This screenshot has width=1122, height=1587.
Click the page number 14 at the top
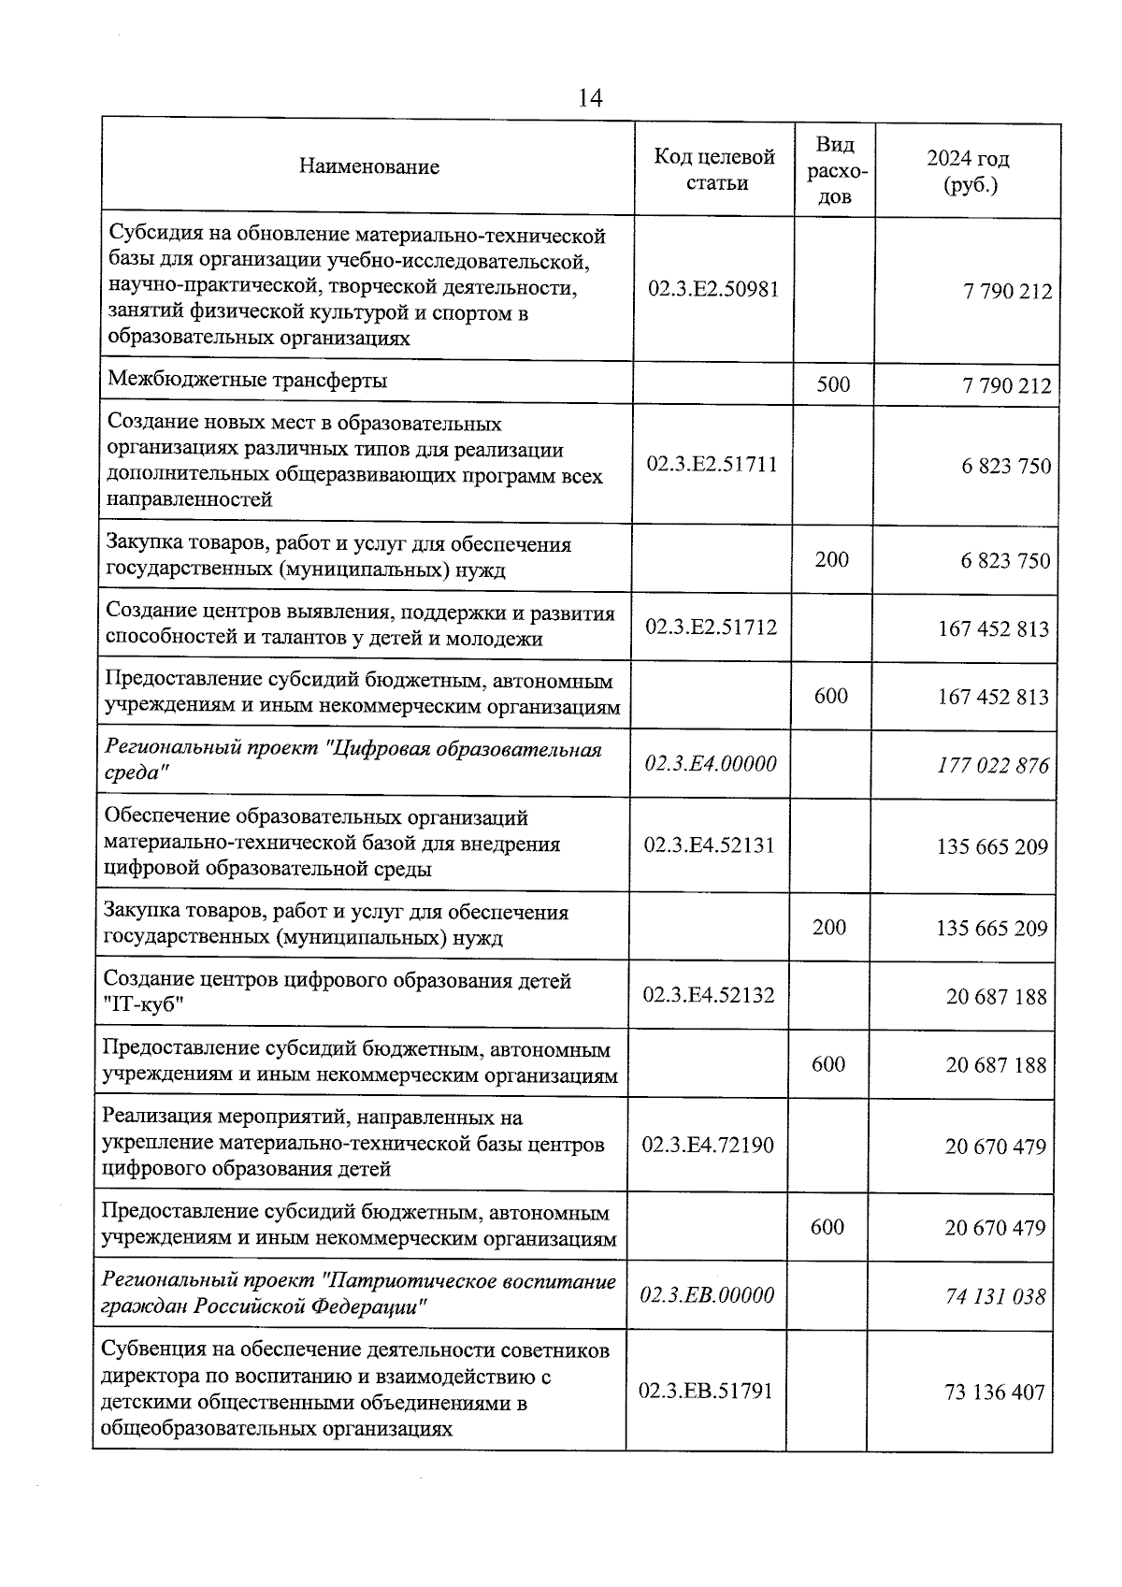click(x=590, y=98)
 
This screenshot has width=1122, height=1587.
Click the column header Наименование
click(x=369, y=167)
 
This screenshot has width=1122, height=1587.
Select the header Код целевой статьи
click(x=715, y=169)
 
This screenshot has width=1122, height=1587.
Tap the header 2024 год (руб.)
click(x=969, y=171)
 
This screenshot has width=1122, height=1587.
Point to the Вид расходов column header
click(x=835, y=169)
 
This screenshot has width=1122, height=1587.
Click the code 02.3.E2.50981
click(x=713, y=289)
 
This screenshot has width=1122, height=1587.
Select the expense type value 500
click(x=833, y=384)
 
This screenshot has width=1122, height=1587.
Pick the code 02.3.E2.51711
click(x=712, y=465)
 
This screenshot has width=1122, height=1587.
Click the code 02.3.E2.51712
click(x=712, y=627)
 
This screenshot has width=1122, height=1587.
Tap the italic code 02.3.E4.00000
click(x=711, y=764)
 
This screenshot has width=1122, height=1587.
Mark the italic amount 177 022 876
click(x=993, y=766)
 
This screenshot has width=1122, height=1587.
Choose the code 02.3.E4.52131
click(x=710, y=845)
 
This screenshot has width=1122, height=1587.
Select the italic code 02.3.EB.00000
click(x=708, y=1295)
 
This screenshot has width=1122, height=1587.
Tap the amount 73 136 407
click(x=995, y=1392)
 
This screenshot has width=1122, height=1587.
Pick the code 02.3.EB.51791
click(x=706, y=1391)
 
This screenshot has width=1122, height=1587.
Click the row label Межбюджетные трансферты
click(x=247, y=381)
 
